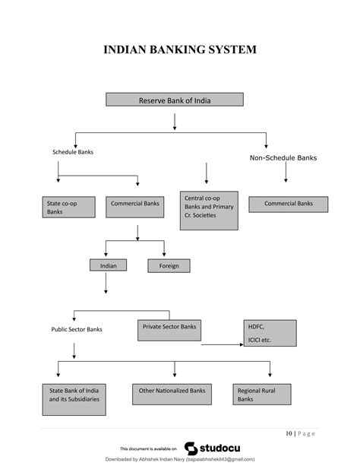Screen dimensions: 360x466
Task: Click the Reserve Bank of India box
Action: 175,100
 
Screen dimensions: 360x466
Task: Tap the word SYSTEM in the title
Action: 232,49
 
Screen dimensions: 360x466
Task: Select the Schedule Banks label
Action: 73,152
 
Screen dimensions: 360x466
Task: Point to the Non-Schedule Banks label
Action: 283,158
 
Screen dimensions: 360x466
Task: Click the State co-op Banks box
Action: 69,207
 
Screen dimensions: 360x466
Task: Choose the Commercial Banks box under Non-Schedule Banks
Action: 289,204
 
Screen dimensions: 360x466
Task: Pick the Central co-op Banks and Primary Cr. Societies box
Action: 209,211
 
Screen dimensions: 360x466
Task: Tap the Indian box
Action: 108,265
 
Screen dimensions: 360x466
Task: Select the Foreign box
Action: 169,266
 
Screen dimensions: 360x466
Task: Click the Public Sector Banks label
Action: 77,329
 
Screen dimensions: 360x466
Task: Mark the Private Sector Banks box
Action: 169,330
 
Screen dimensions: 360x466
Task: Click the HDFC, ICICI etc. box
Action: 270,333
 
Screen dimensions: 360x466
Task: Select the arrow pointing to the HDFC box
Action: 223,344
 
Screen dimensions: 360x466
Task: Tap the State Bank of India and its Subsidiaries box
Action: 74,399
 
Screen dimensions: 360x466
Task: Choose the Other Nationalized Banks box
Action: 172,394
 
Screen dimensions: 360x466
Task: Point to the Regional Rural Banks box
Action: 262,394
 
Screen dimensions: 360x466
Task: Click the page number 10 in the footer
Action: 289,433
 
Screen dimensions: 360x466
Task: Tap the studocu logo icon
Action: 191,449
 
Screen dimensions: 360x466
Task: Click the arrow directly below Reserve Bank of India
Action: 175,122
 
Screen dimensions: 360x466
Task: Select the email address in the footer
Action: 220,459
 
